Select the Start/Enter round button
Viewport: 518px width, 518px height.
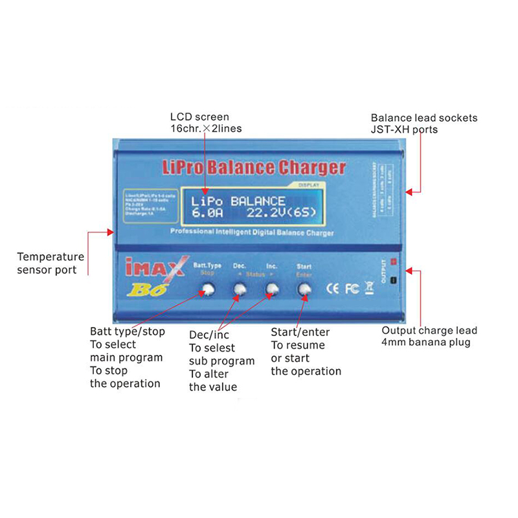(304, 291)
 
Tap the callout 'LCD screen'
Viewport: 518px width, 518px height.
(199, 117)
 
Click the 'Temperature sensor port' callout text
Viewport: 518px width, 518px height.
(51, 263)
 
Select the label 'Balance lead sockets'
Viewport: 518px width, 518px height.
(424, 118)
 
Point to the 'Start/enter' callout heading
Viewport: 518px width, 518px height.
(300, 332)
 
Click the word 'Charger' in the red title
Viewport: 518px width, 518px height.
(311, 168)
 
